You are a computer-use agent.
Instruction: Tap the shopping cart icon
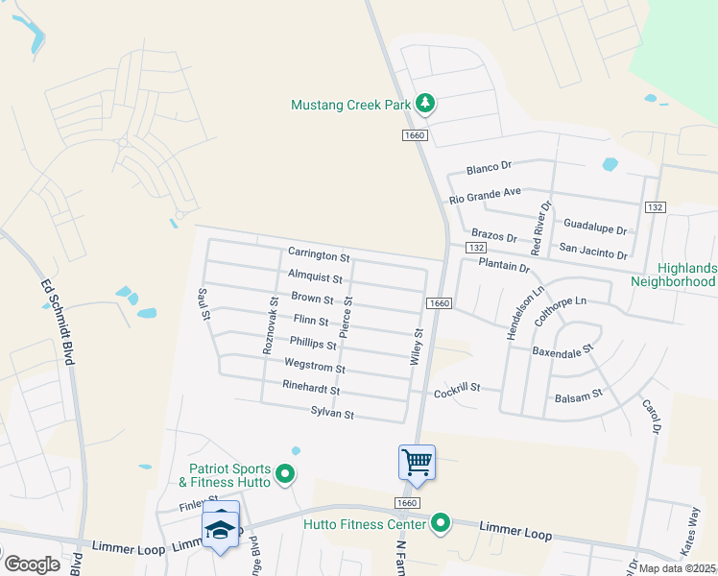pyautogui.click(x=418, y=462)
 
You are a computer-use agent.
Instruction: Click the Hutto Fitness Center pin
pyautogui.click(x=441, y=523)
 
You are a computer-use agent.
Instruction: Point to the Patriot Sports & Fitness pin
pyautogui.click(x=284, y=473)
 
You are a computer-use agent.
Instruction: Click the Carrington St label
pyautogui.click(x=319, y=256)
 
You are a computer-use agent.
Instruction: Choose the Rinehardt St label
pyautogui.click(x=311, y=391)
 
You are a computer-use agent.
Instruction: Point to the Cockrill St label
pyautogui.click(x=455, y=392)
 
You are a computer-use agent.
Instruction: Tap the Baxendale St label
pyautogui.click(x=563, y=351)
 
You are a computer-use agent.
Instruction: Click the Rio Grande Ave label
pyautogui.click(x=485, y=196)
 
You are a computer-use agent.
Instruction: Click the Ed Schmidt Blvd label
pyautogui.click(x=61, y=321)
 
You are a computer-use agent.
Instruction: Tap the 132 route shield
pyautogui.click(x=656, y=207)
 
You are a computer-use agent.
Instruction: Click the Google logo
pyautogui.click(x=32, y=564)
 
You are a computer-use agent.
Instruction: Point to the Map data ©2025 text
pyautogui.click(x=678, y=568)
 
